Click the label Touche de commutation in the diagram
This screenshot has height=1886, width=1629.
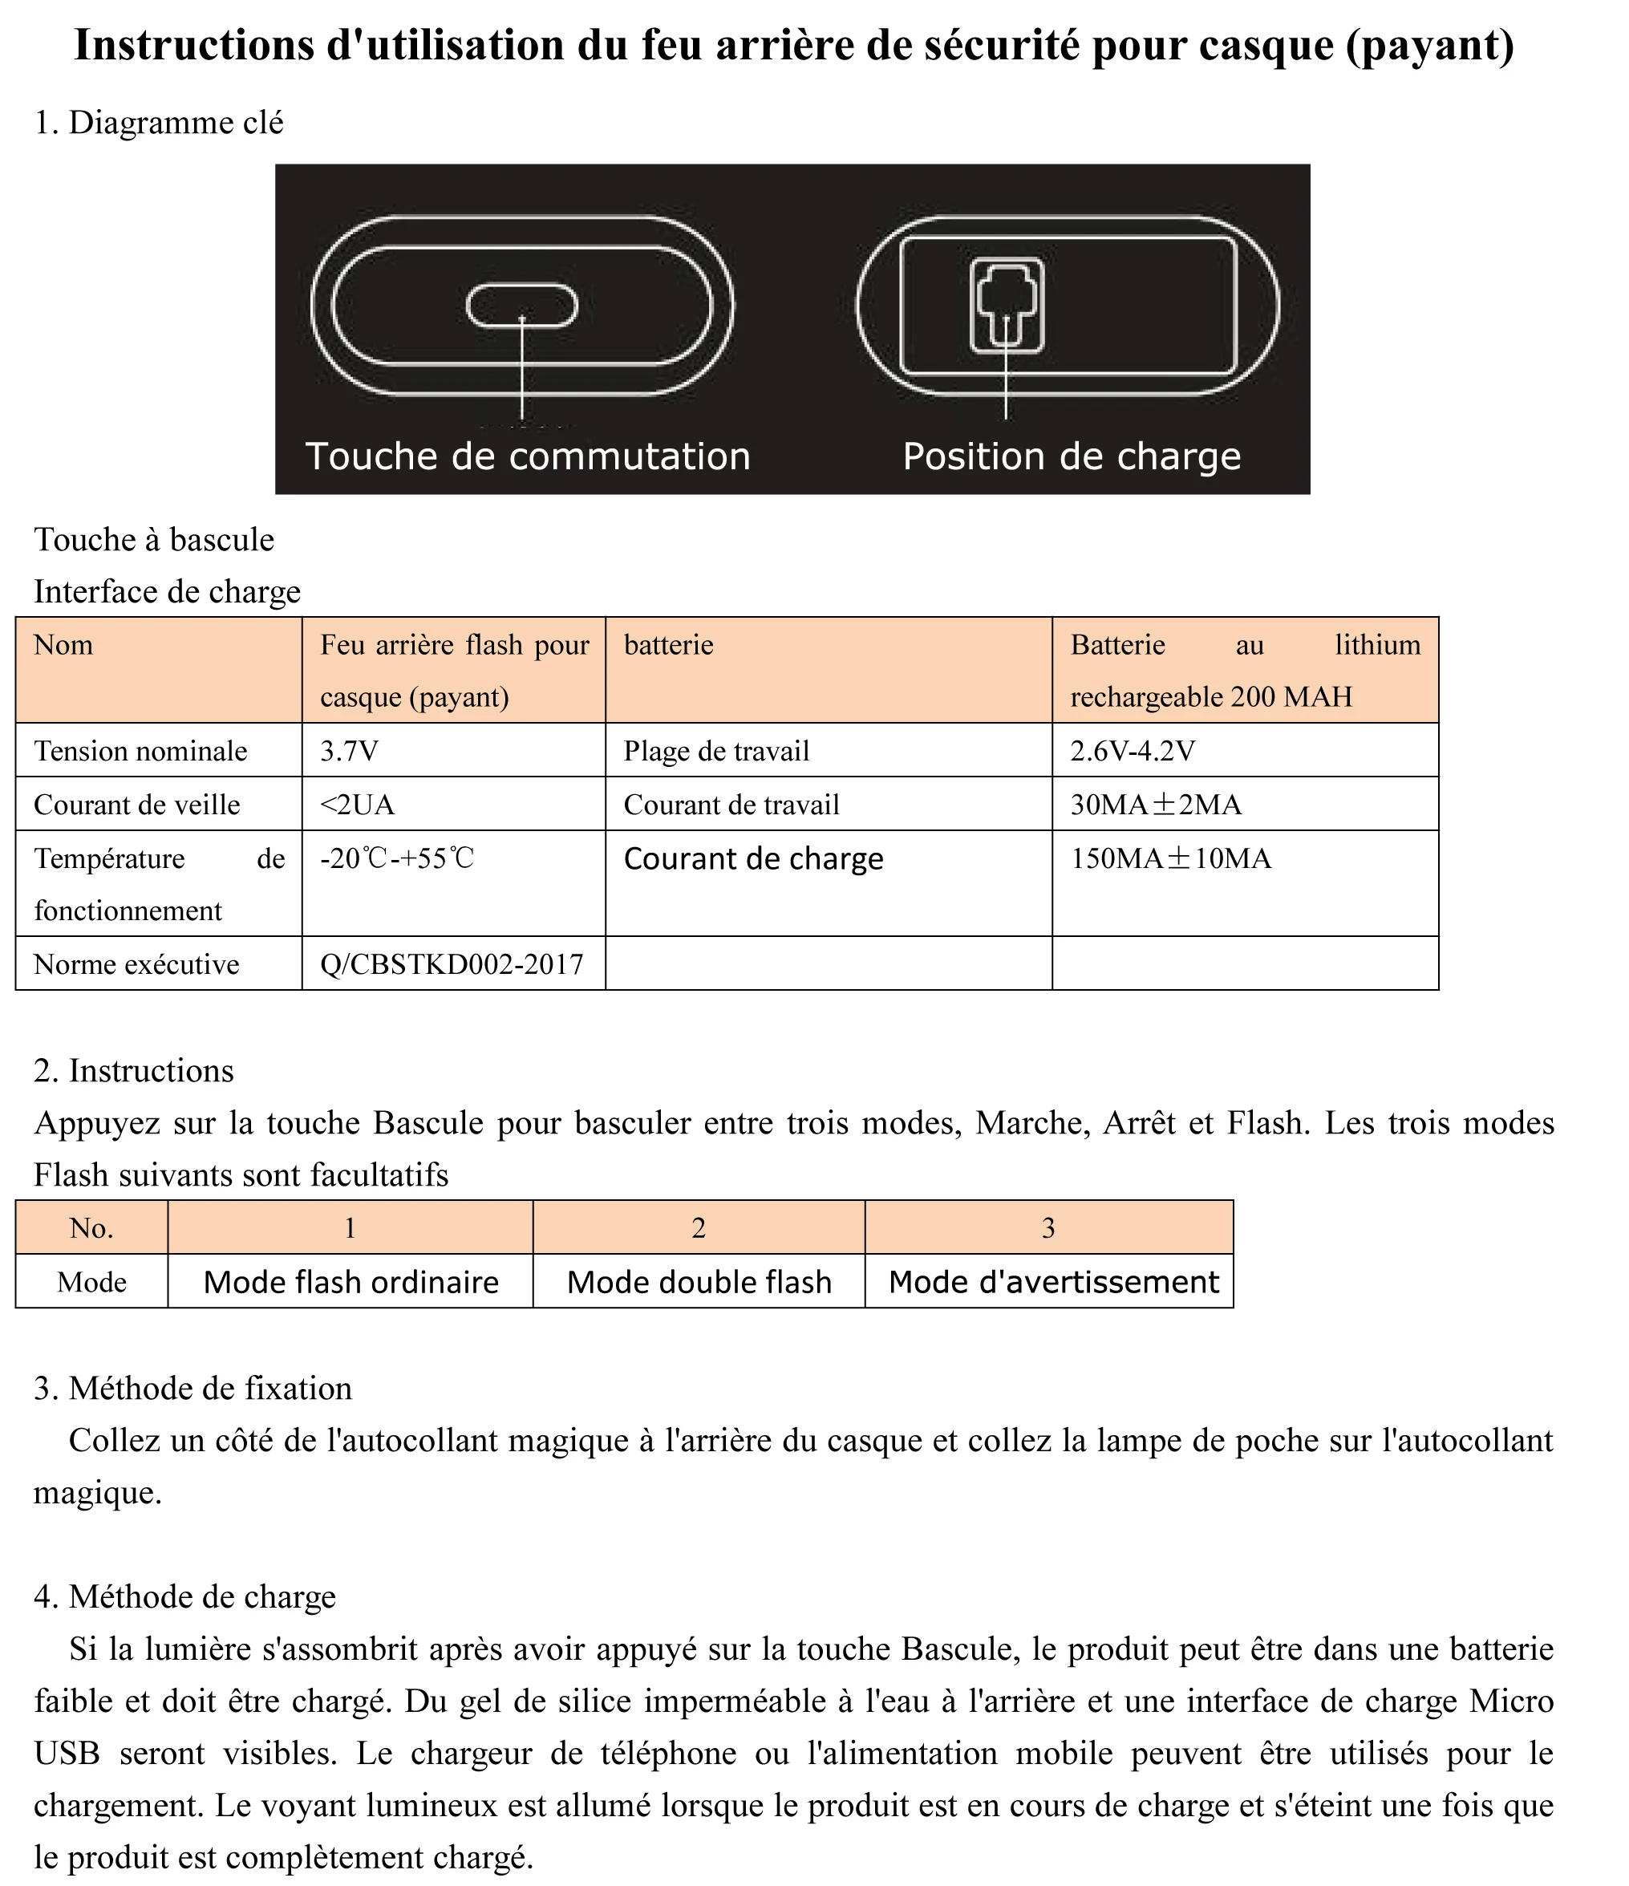pos(528,457)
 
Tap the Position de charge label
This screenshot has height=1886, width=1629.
pos(1071,457)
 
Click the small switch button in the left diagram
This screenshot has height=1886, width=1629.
pos(521,306)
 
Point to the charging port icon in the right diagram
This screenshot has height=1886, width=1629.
pos(1006,306)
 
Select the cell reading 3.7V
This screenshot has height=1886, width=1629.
pos(350,751)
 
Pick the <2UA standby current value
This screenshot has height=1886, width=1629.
pos(357,805)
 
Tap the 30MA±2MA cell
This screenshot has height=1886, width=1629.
pos(1156,805)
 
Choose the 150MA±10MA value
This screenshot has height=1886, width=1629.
pos(1170,858)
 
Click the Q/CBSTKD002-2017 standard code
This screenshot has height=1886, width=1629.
pos(452,964)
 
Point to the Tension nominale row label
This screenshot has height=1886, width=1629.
pos(140,751)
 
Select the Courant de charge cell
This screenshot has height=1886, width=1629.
pos(753,859)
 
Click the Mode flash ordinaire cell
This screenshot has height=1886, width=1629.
pos(351,1283)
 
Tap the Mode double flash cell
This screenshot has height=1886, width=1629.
pos(699,1283)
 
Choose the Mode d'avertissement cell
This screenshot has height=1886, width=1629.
pos(1053,1283)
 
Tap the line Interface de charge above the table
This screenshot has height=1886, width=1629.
pos(168,592)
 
